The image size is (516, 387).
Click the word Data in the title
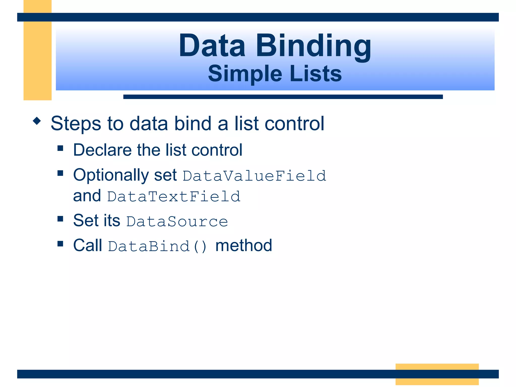(212, 46)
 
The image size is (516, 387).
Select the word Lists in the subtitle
(316, 74)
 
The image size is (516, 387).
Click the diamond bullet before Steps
(37, 121)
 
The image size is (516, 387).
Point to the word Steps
(76, 124)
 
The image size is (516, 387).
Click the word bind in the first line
(193, 123)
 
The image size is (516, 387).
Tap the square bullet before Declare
(60, 148)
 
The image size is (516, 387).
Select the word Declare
(102, 150)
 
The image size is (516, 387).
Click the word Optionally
(111, 175)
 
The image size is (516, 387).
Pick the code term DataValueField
(254, 176)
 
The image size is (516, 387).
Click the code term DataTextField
(174, 197)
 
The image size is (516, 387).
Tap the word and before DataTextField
(87, 196)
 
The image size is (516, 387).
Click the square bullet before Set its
(60, 218)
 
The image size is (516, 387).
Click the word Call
(87, 245)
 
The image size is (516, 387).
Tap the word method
(244, 245)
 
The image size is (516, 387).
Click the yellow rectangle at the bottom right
(437, 374)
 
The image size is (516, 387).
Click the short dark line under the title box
(283, 97)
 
